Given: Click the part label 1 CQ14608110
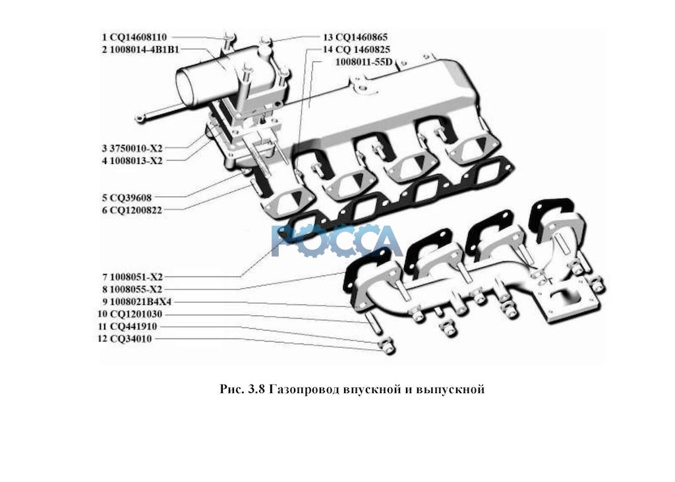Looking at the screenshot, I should click(x=134, y=38).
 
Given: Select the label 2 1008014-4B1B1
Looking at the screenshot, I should click(x=140, y=49).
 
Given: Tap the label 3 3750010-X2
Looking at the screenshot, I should click(x=132, y=148).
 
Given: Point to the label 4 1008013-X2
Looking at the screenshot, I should click(x=132, y=160).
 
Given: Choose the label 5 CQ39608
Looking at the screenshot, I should click(x=127, y=197).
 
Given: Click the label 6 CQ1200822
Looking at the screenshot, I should click(x=132, y=209).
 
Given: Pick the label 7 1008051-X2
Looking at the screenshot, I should click(x=132, y=277).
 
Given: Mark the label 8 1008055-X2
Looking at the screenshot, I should click(x=132, y=289).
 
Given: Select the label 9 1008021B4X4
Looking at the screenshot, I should click(x=136, y=302).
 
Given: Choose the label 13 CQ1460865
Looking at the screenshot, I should click(x=355, y=38).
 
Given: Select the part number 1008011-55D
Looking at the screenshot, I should click(x=364, y=62).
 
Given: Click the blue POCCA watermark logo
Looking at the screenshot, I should click(x=336, y=240).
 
